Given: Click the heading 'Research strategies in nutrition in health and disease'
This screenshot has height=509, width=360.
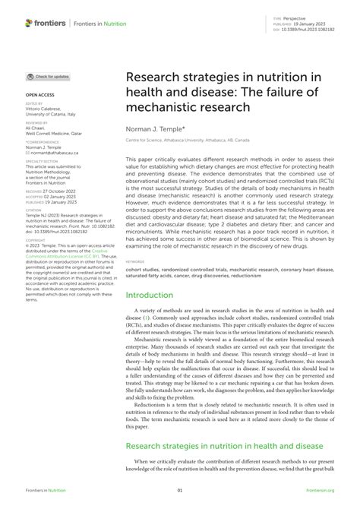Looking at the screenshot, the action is [225, 447].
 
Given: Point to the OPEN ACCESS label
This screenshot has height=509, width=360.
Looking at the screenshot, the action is [40, 96].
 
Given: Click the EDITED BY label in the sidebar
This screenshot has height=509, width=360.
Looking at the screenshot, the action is [35, 103].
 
